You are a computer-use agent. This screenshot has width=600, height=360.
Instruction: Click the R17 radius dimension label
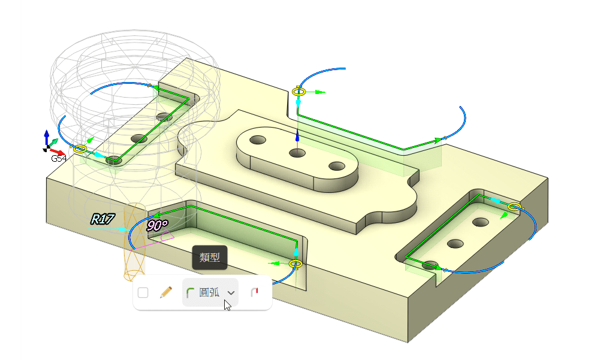point(102,219)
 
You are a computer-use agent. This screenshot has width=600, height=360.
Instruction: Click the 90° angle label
point(157,226)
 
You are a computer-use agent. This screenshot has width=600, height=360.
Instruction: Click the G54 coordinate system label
point(59,159)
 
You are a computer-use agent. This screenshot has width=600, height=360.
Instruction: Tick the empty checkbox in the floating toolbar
point(143,293)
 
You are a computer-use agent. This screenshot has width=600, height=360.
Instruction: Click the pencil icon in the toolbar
point(166,293)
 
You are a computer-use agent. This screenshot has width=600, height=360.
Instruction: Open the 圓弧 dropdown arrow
point(231,293)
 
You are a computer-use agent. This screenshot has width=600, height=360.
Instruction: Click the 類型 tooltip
point(210,258)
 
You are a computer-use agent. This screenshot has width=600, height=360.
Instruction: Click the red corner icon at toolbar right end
point(254,293)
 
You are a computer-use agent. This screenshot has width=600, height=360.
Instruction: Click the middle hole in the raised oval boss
point(297,153)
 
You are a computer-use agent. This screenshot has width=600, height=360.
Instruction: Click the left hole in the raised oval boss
point(258,140)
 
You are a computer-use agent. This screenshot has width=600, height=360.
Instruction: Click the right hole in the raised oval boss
point(337,166)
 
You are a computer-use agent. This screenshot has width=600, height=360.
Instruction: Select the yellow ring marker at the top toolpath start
point(299,92)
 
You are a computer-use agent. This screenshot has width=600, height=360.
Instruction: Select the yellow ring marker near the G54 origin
point(80,149)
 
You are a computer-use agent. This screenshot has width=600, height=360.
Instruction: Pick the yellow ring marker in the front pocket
point(295,264)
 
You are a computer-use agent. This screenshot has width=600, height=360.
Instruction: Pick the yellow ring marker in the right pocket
point(514,207)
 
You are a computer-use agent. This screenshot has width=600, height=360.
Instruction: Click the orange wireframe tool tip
point(135,243)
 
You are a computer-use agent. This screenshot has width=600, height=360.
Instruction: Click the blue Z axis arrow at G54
point(47,135)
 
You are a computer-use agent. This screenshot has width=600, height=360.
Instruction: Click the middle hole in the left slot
point(139,139)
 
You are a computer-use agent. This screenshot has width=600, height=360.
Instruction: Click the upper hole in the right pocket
point(480,222)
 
